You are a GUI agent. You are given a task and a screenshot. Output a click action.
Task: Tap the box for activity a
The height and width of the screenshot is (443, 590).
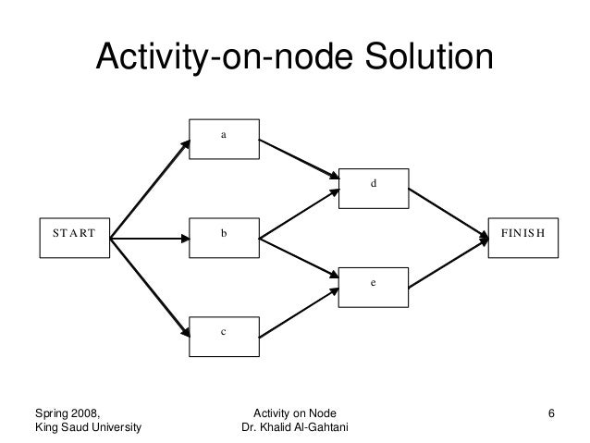(224, 138)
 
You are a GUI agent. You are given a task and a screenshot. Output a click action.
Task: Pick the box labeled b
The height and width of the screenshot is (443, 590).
(224, 239)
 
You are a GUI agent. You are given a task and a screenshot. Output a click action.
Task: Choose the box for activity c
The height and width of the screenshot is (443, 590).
(224, 334)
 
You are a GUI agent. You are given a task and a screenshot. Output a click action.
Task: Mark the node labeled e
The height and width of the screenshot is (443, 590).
(375, 286)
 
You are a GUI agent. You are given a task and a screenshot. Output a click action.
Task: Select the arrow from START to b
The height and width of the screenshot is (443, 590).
(150, 240)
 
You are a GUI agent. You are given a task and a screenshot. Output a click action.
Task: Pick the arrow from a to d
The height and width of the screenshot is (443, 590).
(300, 159)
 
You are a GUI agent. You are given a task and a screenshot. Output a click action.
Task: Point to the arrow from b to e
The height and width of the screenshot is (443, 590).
(300, 259)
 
